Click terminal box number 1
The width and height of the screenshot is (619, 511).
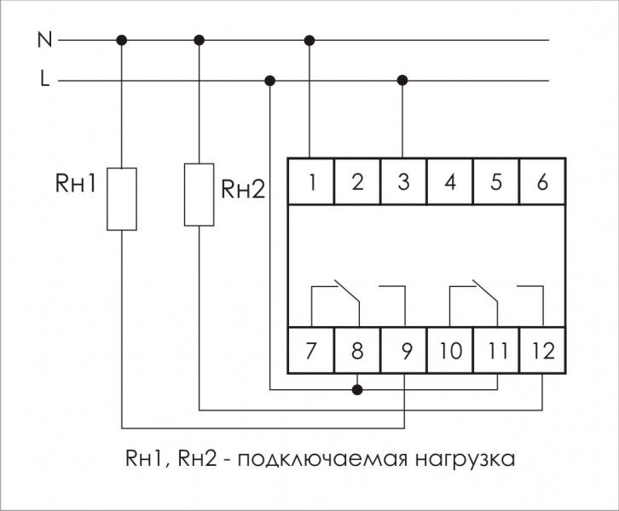[310, 181]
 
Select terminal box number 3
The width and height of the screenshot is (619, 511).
[403, 181]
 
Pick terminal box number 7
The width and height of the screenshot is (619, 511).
[310, 350]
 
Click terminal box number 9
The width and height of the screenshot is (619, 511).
[403, 350]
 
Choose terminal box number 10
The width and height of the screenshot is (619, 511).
[449, 350]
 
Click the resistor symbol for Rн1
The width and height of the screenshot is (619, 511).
[122, 198]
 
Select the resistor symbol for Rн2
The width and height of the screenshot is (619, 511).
[200, 195]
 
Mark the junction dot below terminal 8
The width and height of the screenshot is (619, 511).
[357, 390]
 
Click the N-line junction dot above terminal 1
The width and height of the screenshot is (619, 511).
[310, 40]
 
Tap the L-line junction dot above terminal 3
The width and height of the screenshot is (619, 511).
[403, 81]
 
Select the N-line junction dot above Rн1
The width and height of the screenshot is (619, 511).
[122, 40]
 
